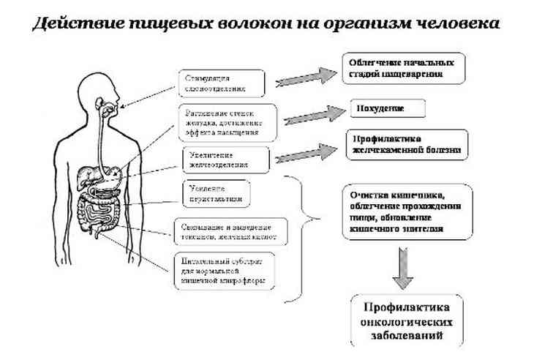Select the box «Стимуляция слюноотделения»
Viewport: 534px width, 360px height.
(220, 83)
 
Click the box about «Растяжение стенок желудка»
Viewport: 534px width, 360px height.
(227, 122)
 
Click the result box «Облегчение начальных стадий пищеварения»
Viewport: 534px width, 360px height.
(405, 68)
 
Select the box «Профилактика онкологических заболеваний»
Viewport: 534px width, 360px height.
(406, 320)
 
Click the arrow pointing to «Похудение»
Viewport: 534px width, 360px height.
(315, 115)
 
